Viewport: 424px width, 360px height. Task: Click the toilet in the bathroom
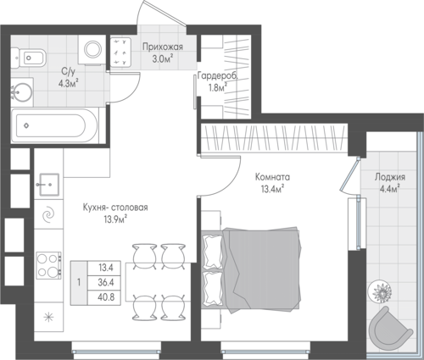pos(29,58)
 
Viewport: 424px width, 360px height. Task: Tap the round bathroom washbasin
pos(22,91)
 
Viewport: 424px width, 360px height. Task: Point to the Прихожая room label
pos(163,47)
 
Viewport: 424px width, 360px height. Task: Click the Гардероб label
pos(218,76)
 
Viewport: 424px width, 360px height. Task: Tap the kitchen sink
pos(49,185)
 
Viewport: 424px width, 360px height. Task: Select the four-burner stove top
pos(49,265)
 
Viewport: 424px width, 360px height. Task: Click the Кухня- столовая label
pos(115,208)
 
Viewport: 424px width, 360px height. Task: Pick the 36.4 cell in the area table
pos(106,282)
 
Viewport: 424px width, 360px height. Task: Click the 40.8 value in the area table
pos(106,297)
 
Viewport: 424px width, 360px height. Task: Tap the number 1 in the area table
pos(79,282)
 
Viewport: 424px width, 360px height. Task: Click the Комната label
pos(272,177)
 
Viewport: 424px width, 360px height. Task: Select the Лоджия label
pos(390,177)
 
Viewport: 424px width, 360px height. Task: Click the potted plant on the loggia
pos(380,291)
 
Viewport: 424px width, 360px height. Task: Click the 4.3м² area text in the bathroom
pos(67,84)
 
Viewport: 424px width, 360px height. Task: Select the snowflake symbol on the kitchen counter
pos(48,317)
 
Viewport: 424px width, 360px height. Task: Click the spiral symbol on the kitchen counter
pos(48,215)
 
